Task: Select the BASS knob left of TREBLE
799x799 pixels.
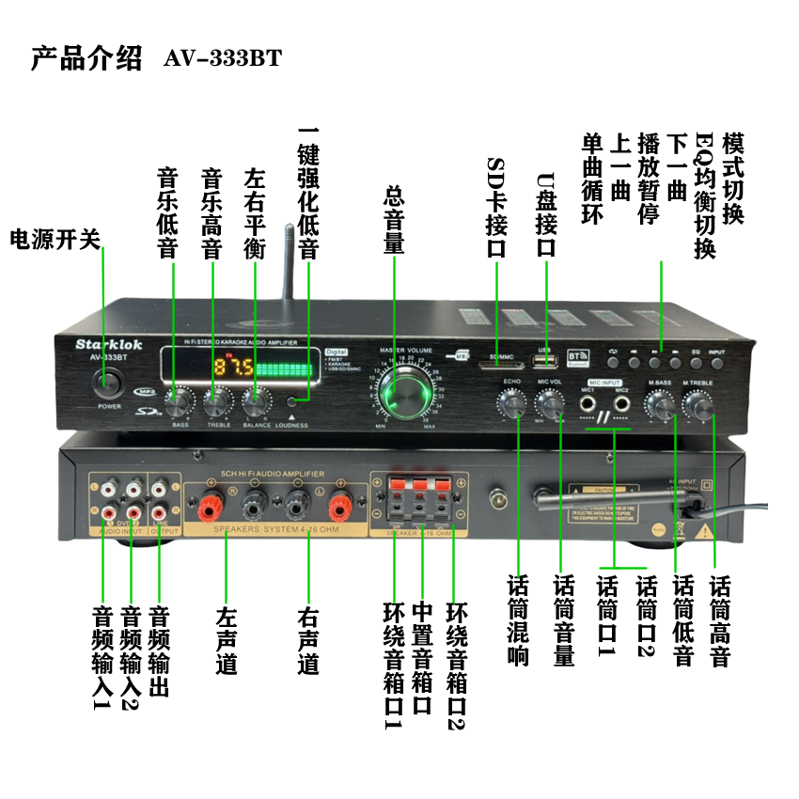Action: tap(178, 402)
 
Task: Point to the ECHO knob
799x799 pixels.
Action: tap(512, 404)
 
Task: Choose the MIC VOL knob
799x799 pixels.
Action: tap(550, 405)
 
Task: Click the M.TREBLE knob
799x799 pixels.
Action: tap(697, 406)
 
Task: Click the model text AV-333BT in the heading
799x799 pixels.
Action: tap(222, 58)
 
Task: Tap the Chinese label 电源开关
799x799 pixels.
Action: tap(55, 239)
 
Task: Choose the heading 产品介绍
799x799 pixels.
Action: tap(86, 57)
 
